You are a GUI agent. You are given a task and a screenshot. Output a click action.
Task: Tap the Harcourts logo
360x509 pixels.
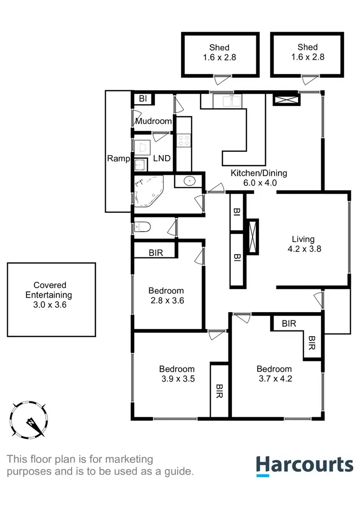(304, 466)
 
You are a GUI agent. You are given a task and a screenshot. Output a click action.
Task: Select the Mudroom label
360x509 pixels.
(153, 121)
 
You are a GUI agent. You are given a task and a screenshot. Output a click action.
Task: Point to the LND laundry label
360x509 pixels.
(161, 158)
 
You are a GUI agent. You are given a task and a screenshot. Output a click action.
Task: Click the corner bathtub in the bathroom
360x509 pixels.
(148, 190)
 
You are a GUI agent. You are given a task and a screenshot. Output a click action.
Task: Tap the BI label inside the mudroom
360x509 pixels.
(143, 99)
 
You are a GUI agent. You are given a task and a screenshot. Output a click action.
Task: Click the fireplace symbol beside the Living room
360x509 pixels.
(252, 236)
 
